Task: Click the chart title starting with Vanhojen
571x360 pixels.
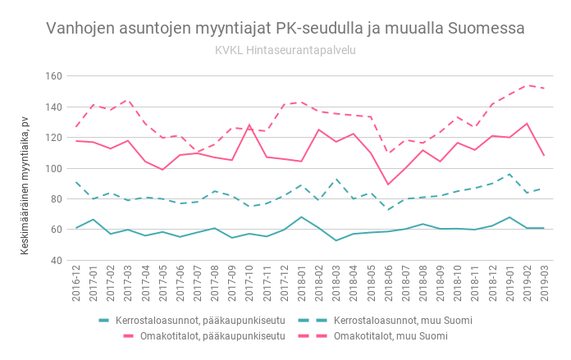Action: tap(285, 29)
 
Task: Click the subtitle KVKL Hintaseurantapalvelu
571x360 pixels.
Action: tap(285, 50)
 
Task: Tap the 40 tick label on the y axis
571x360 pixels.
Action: tap(56, 260)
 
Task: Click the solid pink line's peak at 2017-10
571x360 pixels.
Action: tap(249, 125)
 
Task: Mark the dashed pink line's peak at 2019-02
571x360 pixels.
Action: tap(526, 84)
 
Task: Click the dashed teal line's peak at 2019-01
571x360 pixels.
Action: tap(509, 174)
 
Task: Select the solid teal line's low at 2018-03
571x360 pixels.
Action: tap(336, 240)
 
